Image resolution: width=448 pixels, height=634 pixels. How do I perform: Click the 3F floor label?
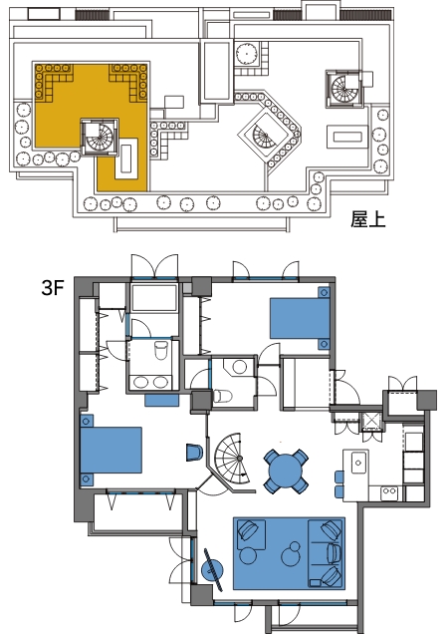click(x=53, y=287)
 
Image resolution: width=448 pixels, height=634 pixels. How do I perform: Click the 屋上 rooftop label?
click(x=367, y=219)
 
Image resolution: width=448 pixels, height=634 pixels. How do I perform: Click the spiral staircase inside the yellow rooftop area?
click(x=100, y=138)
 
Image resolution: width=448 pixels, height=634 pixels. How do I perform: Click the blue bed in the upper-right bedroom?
click(x=300, y=318)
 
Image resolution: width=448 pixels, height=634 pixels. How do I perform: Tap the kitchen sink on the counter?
click(x=359, y=463)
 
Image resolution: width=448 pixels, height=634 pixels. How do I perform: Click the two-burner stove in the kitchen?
click(x=389, y=491)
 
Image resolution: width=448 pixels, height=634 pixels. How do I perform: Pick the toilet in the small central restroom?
click(x=221, y=397)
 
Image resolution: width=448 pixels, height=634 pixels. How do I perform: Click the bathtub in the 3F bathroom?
click(x=154, y=297)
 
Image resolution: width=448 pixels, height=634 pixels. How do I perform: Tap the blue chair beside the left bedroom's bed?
click(x=194, y=453)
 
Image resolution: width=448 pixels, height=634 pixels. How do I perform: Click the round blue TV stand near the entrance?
click(x=212, y=570)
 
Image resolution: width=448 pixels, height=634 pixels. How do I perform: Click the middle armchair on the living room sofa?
click(x=334, y=552)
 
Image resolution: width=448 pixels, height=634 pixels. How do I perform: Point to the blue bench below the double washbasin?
click(x=161, y=400)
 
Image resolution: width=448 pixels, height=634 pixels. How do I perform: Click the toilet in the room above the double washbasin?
click(x=161, y=349)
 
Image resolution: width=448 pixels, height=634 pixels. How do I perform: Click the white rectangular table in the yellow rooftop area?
click(x=126, y=158)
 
